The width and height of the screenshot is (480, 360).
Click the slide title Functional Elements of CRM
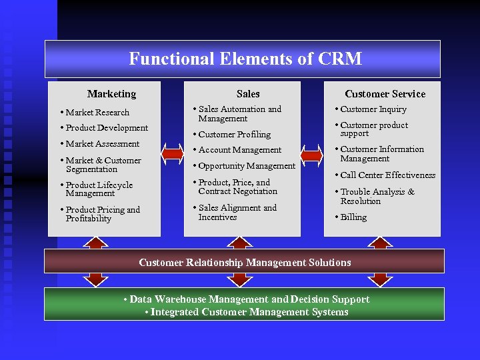click(245, 59)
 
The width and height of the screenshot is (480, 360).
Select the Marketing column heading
click(111, 94)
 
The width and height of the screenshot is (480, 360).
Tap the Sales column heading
click(247, 94)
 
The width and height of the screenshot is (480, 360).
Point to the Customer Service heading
click(385, 94)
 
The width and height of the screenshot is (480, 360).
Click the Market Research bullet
click(97, 112)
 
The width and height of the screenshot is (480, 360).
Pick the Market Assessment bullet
click(102, 143)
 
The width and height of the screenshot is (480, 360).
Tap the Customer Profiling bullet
click(235, 134)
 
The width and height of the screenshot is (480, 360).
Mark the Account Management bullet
click(240, 150)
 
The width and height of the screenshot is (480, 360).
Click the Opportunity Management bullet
click(247, 165)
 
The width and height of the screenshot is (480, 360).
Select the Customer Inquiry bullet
click(373, 109)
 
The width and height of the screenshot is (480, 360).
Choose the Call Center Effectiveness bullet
click(387, 175)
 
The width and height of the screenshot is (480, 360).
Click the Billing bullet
click(353, 217)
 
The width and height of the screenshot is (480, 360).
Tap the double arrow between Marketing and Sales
click(173, 155)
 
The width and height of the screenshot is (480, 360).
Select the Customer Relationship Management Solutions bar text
click(245, 262)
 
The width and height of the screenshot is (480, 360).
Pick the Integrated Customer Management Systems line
click(247, 312)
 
